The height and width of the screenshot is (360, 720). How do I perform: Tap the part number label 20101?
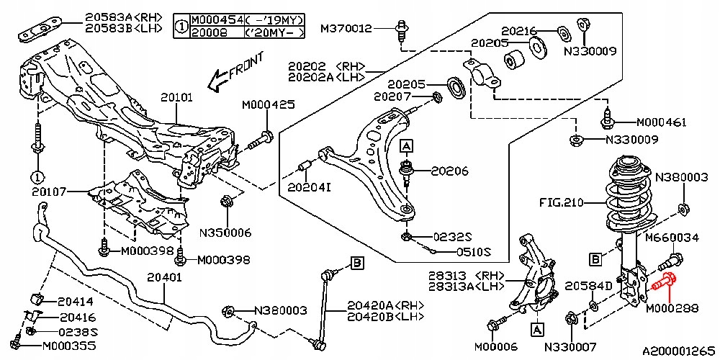(x=177, y=97)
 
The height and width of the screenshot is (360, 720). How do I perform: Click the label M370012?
(x=346, y=29)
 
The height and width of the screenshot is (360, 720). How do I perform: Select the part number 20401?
(x=164, y=277)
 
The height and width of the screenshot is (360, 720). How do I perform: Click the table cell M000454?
(x=216, y=19)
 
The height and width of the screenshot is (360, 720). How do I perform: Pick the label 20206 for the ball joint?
(x=449, y=172)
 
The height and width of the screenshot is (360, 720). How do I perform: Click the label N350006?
(x=225, y=233)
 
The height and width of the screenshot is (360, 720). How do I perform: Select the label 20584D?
(x=588, y=287)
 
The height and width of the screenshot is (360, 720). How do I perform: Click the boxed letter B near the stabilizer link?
(x=357, y=263)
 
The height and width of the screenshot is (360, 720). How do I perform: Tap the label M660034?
(x=672, y=238)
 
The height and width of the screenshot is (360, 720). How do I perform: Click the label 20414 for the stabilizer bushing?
(x=76, y=302)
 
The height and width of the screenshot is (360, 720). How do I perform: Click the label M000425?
(x=269, y=106)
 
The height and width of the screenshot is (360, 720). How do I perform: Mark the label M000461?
(x=661, y=122)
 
